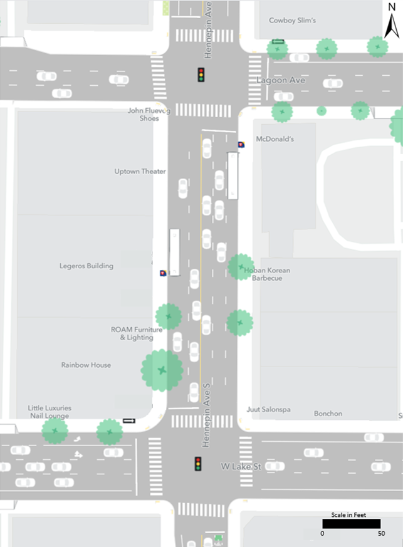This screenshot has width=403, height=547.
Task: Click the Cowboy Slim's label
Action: [x=292, y=21]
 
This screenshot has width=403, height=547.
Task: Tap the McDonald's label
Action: [x=275, y=139]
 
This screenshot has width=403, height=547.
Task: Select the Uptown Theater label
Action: [x=140, y=171]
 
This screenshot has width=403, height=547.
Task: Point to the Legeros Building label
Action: [x=86, y=266]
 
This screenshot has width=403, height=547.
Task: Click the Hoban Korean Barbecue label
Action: [x=267, y=274]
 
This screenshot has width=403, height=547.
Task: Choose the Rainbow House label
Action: [x=86, y=365]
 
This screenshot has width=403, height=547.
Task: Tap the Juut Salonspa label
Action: [x=269, y=410]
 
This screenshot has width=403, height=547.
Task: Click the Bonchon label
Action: [x=328, y=414]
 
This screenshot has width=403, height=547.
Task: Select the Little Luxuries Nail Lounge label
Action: [x=50, y=412]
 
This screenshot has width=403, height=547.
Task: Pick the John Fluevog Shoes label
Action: [x=149, y=115]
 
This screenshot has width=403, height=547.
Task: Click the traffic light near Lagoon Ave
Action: [x=201, y=75]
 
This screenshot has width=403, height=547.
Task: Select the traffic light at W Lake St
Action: [x=198, y=464]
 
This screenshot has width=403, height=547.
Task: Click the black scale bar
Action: [x=351, y=523]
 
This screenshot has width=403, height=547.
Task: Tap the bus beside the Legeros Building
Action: [x=174, y=252]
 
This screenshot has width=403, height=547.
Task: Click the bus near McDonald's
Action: [x=233, y=174]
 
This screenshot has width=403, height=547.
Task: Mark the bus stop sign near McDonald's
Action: [x=241, y=145]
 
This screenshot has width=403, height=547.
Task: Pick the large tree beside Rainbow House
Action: [x=162, y=370]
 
